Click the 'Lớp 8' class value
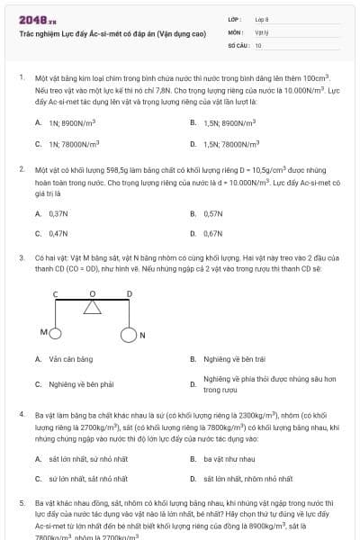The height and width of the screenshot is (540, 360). pyautogui.click(x=262, y=18)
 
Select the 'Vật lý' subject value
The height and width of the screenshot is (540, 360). pyautogui.click(x=261, y=31)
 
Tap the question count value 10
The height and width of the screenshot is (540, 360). pyautogui.click(x=258, y=44)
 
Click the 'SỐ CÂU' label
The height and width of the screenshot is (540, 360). pyautogui.click(x=237, y=44)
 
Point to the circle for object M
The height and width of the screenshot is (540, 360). pyautogui.click(x=55, y=333)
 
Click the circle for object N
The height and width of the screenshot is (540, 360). pyautogui.click(x=128, y=336)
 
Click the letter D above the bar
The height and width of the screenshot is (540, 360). pyautogui.click(x=129, y=293)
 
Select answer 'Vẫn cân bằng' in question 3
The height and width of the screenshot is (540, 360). pyautogui.click(x=71, y=359)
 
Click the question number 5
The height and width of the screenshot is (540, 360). pyautogui.click(x=22, y=502)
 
